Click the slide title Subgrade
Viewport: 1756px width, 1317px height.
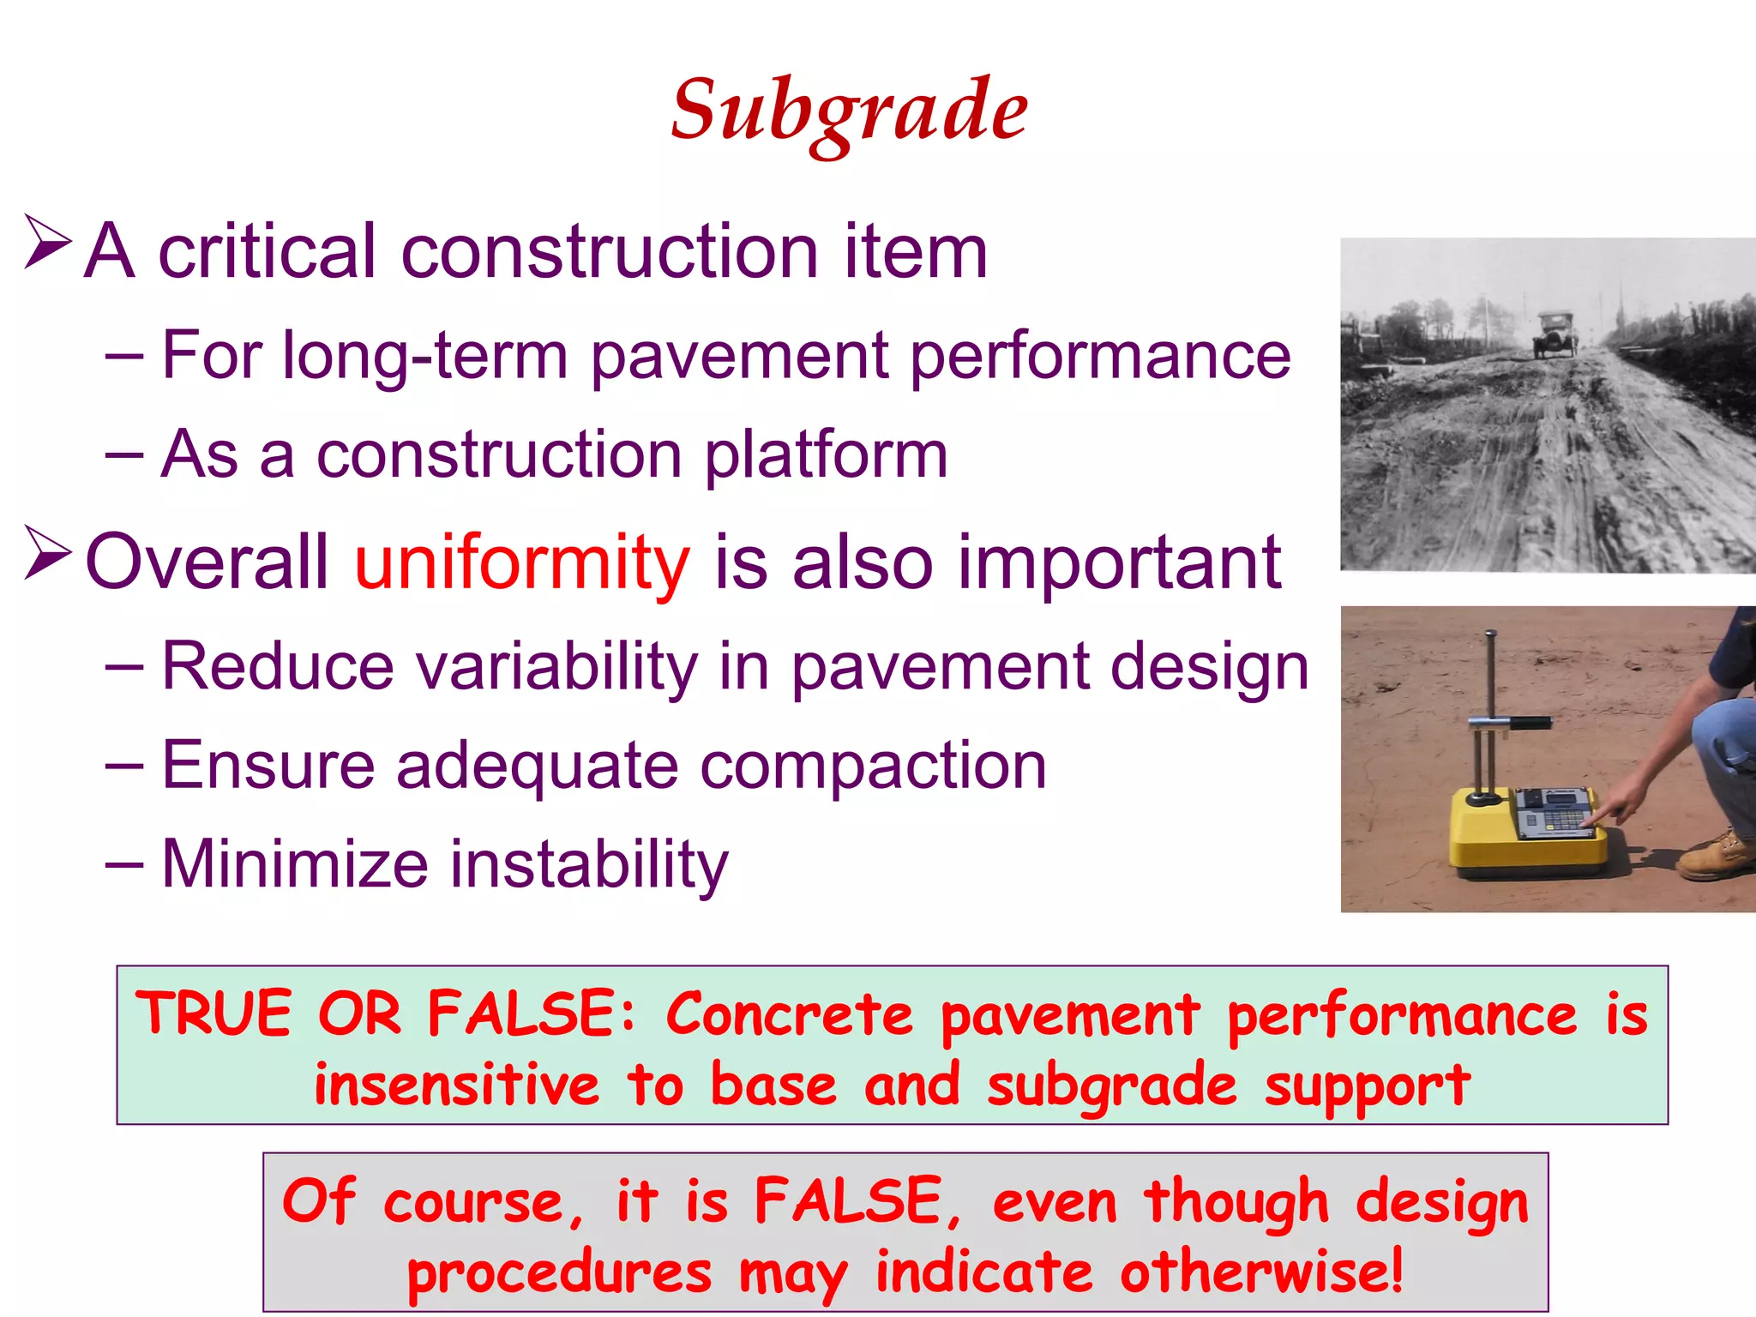[849, 111]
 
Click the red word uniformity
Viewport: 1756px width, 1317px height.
[521, 563]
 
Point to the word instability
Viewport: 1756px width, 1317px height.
[589, 863]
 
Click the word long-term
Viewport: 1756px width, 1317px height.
[424, 356]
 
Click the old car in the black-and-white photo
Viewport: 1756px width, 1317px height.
[1555, 335]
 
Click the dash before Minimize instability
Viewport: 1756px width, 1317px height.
[124, 864]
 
